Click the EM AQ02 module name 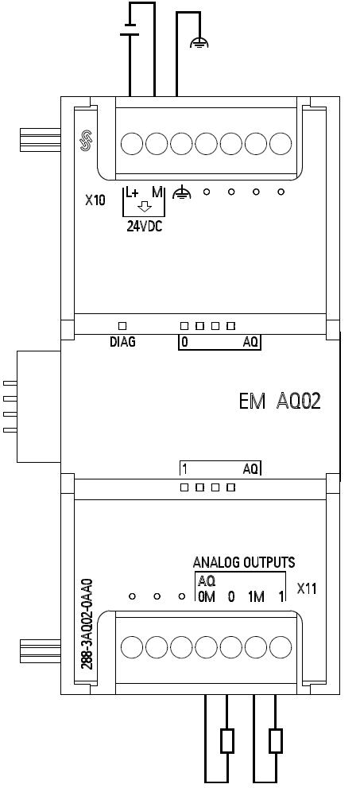280,401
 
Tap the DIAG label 122,343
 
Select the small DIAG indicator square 122,326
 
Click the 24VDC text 143,225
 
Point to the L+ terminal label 132,192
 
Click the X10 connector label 95,201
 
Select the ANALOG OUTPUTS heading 244,562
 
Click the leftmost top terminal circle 132,143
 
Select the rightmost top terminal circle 281,143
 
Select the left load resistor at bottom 227,741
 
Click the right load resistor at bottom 276,741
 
